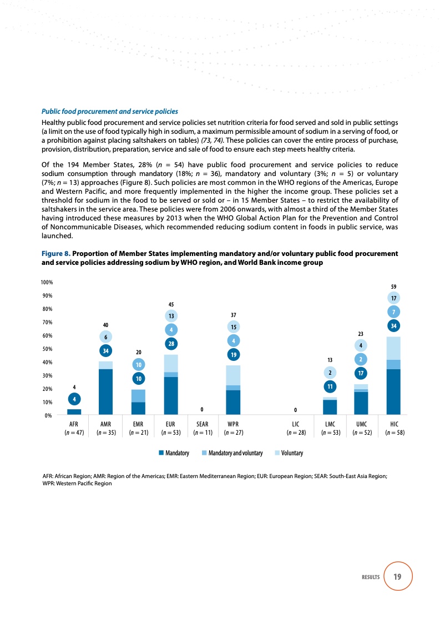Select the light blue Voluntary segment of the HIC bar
(393, 348)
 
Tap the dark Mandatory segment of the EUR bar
(171, 395)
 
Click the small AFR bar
(74, 412)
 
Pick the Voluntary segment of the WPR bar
(233, 375)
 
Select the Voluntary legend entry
(289, 454)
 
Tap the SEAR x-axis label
(202, 424)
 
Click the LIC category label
(295, 424)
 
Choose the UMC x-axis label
(361, 424)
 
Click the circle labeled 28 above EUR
(171, 344)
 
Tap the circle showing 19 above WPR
(233, 354)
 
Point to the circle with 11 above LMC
(330, 386)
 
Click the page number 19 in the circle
(397, 577)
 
